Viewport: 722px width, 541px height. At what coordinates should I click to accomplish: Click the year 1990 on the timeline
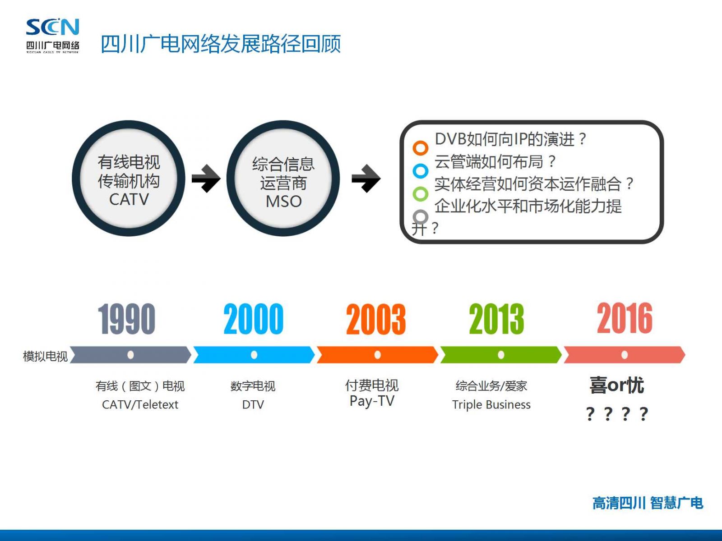[127, 319]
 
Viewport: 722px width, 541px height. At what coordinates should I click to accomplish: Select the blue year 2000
[253, 319]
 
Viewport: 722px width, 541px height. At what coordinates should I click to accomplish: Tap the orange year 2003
[376, 319]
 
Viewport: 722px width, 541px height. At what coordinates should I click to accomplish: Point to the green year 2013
[497, 319]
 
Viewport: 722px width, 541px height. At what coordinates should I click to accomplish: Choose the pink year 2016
[625, 318]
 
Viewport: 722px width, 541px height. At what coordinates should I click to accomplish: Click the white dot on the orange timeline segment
[378, 355]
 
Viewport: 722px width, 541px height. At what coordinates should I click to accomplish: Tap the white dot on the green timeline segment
[501, 355]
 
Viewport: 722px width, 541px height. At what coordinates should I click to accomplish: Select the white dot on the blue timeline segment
[254, 355]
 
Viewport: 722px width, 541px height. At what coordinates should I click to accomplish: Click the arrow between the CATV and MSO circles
[206, 179]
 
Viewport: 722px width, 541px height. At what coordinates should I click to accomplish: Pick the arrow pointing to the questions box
[366, 179]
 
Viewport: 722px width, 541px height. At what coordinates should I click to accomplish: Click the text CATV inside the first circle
[129, 199]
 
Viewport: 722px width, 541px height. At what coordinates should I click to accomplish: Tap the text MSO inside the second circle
[283, 202]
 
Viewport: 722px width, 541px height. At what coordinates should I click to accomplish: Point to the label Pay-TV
[372, 401]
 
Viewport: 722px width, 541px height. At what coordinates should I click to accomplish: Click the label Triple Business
[491, 405]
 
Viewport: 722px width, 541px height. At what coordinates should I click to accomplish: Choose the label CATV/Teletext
[140, 405]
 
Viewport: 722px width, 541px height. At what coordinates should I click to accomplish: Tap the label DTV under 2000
[253, 405]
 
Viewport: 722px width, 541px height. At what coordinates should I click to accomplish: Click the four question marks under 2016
[617, 414]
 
